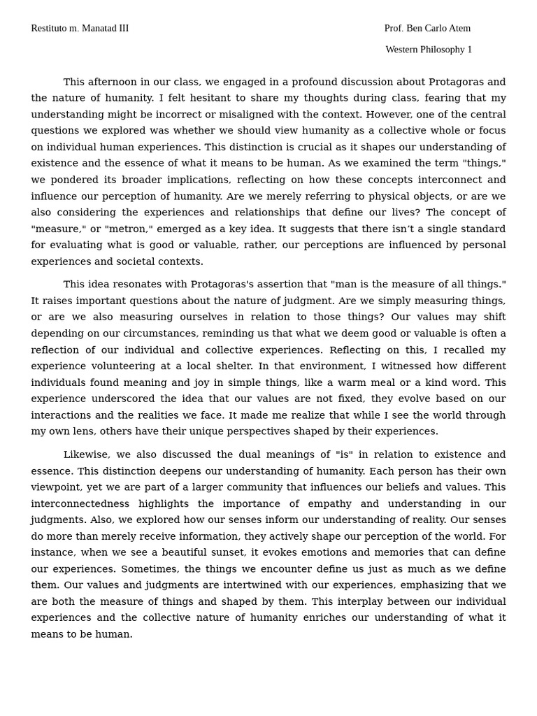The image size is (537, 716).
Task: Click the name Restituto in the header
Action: tap(48, 29)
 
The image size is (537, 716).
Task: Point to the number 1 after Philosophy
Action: tap(469, 50)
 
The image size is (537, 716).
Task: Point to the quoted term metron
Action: tap(129, 229)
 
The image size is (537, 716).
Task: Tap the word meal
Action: tap(377, 383)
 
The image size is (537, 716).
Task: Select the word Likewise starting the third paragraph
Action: tap(86, 455)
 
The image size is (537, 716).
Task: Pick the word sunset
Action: tap(224, 553)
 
